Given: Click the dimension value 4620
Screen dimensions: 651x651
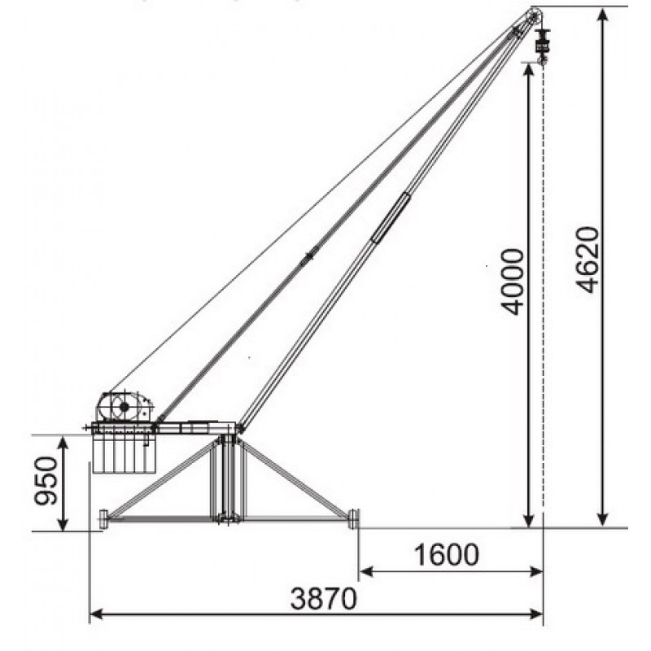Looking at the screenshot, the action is [588, 260].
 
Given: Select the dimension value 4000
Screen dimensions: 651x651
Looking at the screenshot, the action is [513, 282].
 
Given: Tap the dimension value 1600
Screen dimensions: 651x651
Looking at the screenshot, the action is [446, 555].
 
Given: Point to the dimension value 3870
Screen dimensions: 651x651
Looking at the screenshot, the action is [323, 598].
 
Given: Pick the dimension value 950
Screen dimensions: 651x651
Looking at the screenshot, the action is [46, 481].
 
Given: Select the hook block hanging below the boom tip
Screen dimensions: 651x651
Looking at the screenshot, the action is [542, 46].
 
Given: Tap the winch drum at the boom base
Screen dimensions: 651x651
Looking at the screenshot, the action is [124, 407].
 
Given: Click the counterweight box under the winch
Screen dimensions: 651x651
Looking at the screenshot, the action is [125, 453].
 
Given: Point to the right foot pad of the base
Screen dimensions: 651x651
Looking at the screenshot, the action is [353, 518].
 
